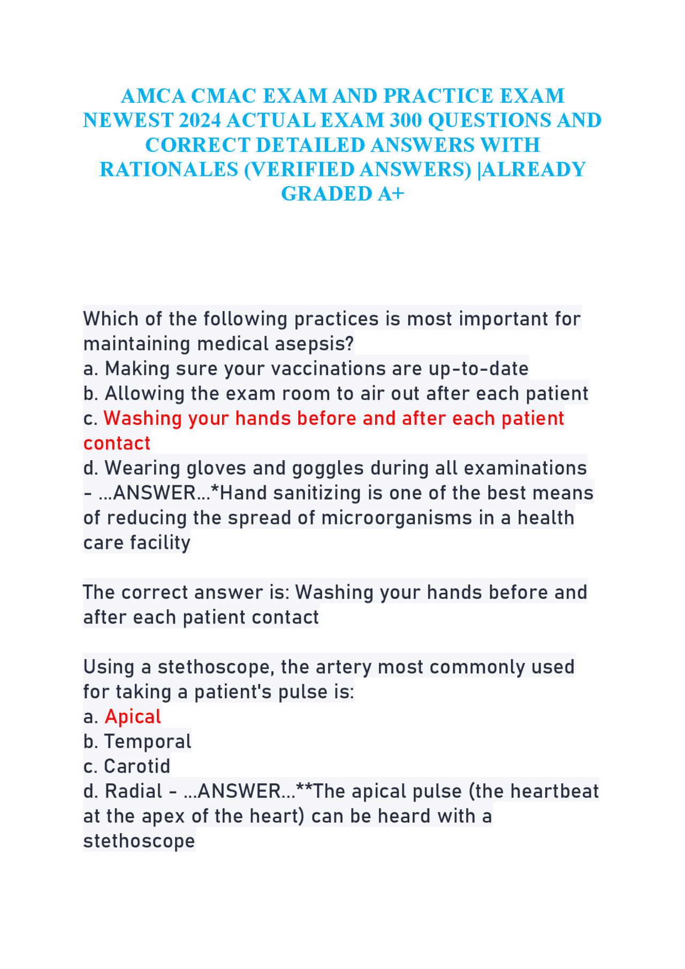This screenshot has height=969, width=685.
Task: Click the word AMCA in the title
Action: click(153, 96)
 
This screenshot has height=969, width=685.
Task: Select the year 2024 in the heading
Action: click(200, 121)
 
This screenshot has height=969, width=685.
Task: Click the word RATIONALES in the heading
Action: click(169, 170)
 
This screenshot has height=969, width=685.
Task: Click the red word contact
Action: click(117, 444)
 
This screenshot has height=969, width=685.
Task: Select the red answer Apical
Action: click(133, 716)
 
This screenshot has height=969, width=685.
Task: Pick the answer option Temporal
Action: click(148, 742)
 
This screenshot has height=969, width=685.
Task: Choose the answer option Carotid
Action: click(137, 766)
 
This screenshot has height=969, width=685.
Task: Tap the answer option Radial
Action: click(133, 791)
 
